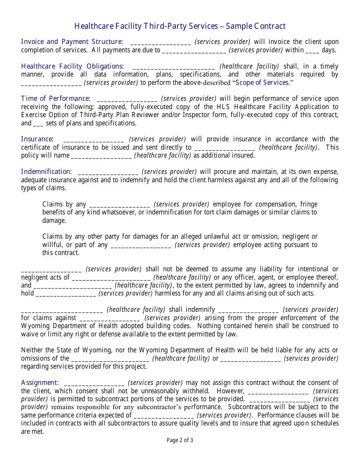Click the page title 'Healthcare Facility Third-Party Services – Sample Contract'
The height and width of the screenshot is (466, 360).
point(180,26)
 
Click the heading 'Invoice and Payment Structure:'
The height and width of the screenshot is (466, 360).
point(72,42)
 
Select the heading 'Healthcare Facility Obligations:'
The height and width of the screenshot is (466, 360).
point(72,66)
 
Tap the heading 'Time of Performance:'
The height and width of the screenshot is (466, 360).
point(55,99)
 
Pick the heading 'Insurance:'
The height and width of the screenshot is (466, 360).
point(37,139)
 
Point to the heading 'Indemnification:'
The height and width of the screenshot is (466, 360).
point(46,172)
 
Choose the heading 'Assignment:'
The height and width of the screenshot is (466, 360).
point(39,383)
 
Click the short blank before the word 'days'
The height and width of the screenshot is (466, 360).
point(312,50)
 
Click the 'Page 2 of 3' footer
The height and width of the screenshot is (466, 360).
point(180,440)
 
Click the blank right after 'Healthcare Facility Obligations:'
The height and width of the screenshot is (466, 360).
point(174,67)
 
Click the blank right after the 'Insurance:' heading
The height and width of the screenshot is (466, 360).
point(94,139)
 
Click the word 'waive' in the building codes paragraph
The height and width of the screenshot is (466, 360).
point(29,334)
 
